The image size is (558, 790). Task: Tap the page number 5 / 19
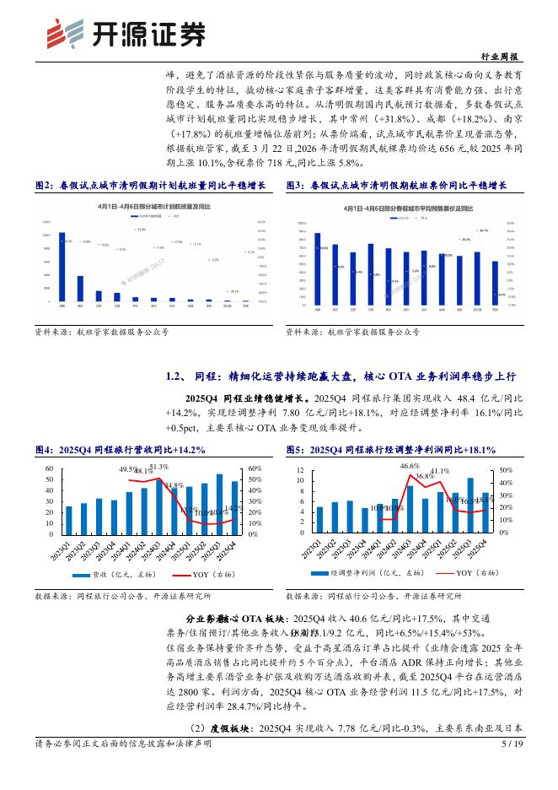coord(512,767)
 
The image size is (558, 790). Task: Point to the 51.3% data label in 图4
coord(158,467)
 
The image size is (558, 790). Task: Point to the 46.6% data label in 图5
coord(410,466)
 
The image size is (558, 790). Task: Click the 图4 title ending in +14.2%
coord(121,450)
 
